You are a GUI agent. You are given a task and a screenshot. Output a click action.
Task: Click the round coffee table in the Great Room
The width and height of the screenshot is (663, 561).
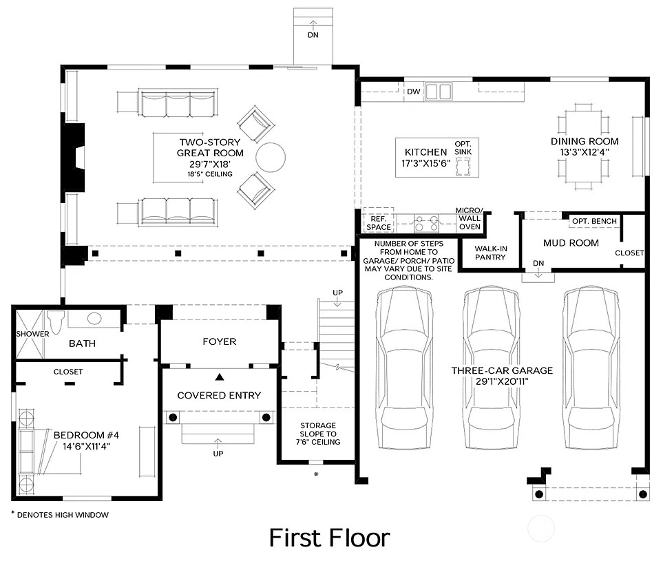270,157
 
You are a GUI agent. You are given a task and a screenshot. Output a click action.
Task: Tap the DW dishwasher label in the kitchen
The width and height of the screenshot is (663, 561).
413,92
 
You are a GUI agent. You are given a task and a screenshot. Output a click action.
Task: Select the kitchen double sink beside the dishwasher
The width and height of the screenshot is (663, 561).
438,92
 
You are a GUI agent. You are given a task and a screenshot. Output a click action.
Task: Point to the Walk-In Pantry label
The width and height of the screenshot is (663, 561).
490,253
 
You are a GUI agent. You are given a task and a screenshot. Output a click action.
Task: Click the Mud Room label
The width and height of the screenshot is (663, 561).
571,243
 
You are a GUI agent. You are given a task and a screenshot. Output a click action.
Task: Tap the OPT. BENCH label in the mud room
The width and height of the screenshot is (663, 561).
593,221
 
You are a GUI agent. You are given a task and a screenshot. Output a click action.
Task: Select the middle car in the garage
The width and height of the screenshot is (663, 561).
490,358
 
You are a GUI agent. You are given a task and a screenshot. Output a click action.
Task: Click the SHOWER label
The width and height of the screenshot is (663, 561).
33,334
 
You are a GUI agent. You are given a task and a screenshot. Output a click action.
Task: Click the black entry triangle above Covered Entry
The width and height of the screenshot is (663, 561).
219,377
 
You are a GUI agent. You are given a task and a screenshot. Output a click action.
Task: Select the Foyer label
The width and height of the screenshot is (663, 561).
219,341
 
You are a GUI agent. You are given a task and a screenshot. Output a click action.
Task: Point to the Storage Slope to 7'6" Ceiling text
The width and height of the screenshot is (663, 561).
317,434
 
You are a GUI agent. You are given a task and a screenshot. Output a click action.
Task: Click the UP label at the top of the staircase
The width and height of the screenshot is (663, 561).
337,293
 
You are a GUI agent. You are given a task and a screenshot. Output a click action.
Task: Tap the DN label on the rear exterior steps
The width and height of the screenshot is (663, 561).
313,34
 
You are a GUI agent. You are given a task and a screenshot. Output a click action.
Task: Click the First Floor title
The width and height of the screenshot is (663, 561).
329,538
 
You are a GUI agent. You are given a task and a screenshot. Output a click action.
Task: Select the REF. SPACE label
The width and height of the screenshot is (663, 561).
379,222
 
